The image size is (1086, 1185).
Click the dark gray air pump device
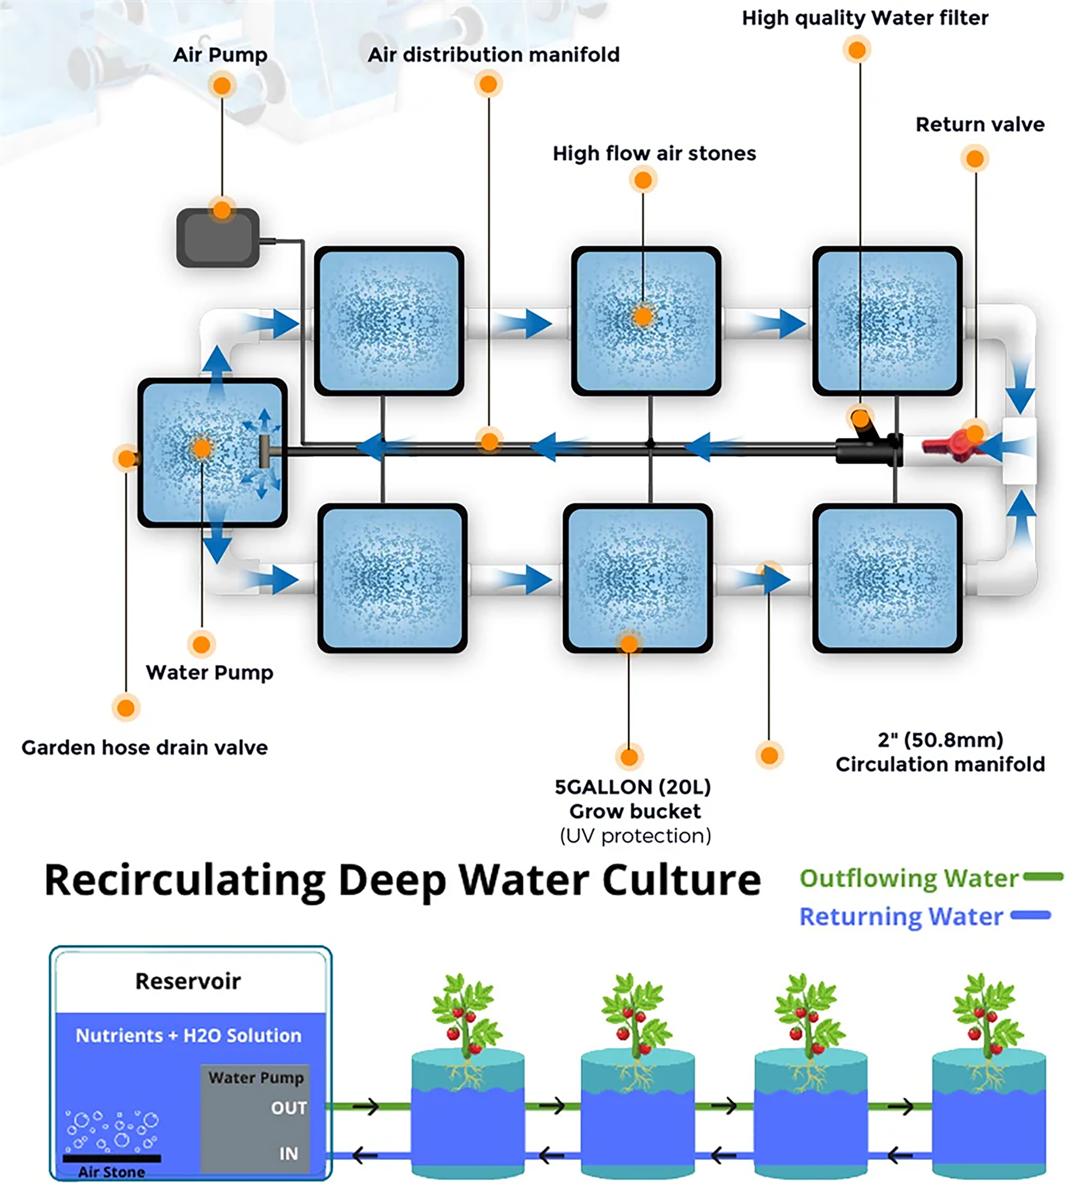pos(218,238)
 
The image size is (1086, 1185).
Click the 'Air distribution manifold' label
pos(493,55)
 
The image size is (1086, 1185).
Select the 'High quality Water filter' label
pos(864,18)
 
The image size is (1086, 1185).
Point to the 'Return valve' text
pos(980,124)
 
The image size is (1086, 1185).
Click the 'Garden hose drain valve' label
pos(144,748)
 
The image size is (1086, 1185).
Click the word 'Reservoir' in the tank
pos(188,981)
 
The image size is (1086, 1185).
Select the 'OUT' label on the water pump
pos(289,1108)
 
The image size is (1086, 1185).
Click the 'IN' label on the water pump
pos(289,1153)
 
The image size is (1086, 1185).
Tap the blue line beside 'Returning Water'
pos(1030,915)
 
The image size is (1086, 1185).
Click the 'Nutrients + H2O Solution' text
pos(188,1035)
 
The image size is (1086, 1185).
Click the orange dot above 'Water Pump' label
pos(201,644)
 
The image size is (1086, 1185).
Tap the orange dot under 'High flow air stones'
pos(643,180)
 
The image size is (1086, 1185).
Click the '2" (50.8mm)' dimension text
pos(940,740)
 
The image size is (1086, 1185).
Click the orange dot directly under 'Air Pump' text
pos(222,86)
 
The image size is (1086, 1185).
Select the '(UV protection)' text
pos(635,835)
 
